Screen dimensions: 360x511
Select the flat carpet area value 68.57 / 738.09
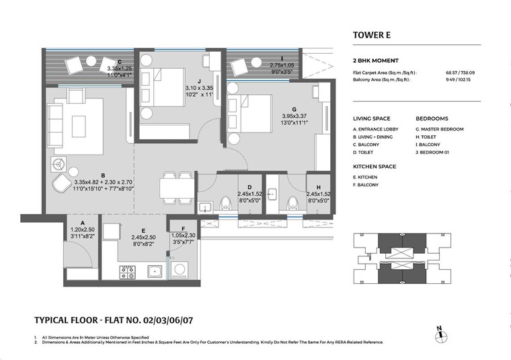(460, 72)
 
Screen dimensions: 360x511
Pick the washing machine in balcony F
(180, 270)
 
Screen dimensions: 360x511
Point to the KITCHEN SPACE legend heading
(375, 166)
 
